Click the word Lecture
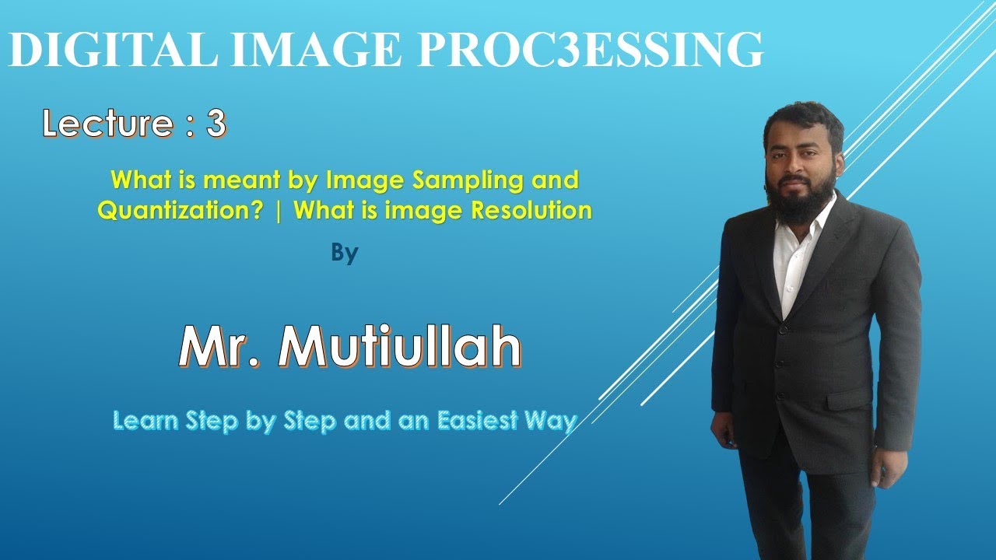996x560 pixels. [x=108, y=124]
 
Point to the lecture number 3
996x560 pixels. [x=216, y=124]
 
